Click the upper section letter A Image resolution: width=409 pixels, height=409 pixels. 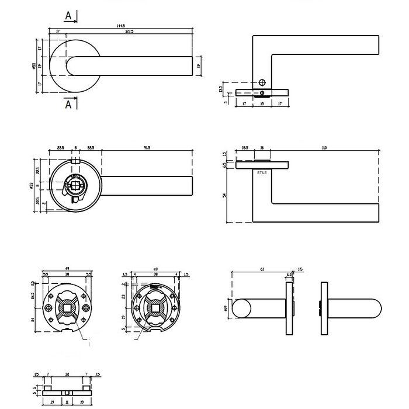point(68,17)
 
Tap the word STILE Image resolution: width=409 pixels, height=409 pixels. point(261,173)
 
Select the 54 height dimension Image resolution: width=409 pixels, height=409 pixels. point(224,196)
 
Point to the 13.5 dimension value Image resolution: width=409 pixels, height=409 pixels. point(220,89)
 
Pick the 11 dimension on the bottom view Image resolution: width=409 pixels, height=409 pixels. point(67,403)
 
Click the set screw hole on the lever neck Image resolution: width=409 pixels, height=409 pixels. point(262,83)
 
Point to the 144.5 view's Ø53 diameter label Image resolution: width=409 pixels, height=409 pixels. point(34,67)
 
